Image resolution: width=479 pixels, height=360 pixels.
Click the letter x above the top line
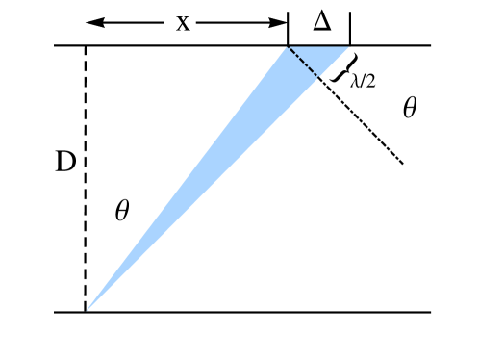click(x=183, y=23)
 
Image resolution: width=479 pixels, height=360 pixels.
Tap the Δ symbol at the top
click(x=320, y=21)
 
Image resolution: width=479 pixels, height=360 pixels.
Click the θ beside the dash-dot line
click(x=411, y=108)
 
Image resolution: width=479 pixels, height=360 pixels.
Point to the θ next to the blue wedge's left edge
click(x=121, y=211)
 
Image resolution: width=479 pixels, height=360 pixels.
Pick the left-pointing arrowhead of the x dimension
click(x=89, y=22)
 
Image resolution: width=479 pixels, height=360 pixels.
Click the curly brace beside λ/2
click(x=339, y=68)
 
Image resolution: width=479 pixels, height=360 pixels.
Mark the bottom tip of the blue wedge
click(x=87, y=311)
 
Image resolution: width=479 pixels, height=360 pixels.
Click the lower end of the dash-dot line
click(x=402, y=164)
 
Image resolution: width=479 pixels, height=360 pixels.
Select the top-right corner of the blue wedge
click(x=347, y=46)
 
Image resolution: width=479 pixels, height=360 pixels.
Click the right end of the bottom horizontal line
click(x=430, y=312)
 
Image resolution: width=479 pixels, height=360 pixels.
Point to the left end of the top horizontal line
click(x=56, y=45)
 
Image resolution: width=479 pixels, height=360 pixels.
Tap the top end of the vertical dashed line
click(x=86, y=48)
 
